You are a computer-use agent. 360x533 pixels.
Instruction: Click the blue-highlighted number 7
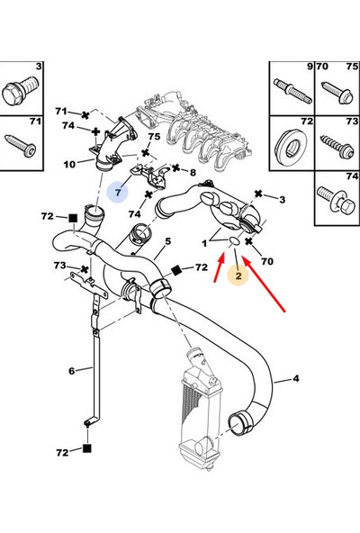point(118,193)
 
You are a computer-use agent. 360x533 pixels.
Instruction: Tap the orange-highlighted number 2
point(238,276)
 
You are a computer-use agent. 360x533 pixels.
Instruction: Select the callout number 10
point(69,165)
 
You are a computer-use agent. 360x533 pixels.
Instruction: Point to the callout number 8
point(193,172)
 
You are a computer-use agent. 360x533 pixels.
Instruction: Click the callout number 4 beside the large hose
point(296,378)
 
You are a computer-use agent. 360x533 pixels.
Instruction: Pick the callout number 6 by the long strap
point(71,371)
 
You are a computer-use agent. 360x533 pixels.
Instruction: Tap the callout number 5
point(168,241)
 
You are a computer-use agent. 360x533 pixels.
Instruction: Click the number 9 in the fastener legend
point(310,67)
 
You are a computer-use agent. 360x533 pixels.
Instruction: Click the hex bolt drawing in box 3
point(21,90)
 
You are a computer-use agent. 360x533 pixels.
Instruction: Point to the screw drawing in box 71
point(20,146)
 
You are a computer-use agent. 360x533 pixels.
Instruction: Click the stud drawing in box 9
point(292,91)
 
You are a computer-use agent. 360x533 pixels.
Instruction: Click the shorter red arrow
point(220,268)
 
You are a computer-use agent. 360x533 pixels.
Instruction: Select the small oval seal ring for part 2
point(233,240)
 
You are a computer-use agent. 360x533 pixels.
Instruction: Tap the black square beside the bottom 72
point(87,448)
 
